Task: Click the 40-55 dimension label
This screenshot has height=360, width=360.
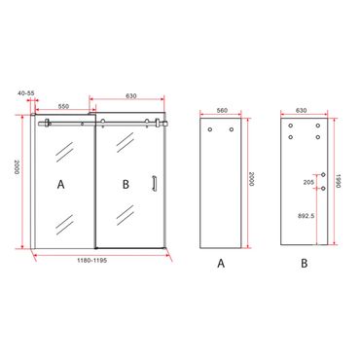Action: (x=26, y=93)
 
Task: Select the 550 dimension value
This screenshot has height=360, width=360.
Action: (x=63, y=106)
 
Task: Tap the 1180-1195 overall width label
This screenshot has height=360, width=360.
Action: (x=91, y=261)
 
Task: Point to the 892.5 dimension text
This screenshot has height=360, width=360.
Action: (x=306, y=216)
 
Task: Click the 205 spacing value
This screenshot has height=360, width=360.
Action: (x=308, y=183)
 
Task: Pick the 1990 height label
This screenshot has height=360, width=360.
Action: (x=339, y=182)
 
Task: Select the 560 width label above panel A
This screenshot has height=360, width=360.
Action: (x=222, y=110)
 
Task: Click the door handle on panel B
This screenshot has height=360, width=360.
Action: (x=154, y=183)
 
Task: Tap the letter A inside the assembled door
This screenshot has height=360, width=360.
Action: (x=60, y=185)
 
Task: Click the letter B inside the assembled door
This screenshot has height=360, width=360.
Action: (x=126, y=185)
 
